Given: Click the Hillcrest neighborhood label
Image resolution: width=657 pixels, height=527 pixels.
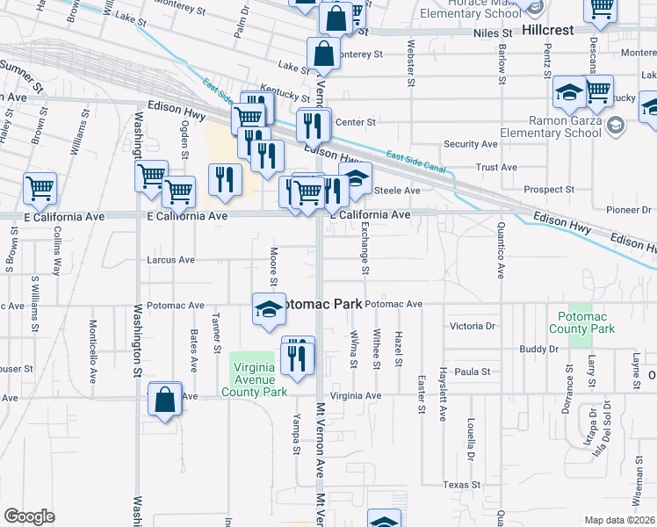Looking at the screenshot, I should pos(547,29).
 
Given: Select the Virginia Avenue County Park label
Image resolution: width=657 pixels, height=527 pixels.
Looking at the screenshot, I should pos(258,374).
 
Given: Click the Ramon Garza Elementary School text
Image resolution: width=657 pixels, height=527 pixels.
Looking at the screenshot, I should pos(563,128).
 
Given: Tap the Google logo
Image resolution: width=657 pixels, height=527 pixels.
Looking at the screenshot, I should pos(29,516).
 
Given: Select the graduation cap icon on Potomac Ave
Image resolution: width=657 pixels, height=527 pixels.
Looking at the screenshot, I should pos(270,308).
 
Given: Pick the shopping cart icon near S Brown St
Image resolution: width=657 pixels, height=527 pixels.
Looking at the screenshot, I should pos(40,187).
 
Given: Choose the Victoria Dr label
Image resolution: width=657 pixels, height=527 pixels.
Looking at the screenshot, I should pos(473,326).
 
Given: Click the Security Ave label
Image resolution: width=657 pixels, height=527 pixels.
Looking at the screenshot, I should pos(472,144).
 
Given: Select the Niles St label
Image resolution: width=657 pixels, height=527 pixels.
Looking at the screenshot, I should pos(468,30).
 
